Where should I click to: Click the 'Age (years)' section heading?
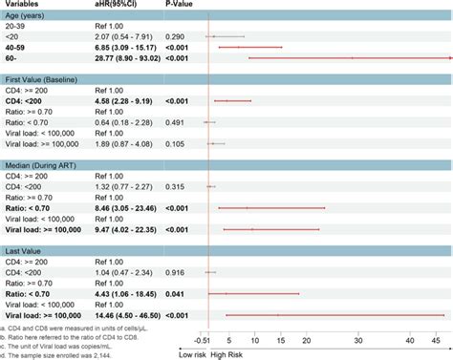click(30, 18)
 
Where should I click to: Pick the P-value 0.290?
click(177, 32)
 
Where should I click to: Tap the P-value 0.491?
click(177, 117)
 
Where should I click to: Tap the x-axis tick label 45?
click(435, 338)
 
